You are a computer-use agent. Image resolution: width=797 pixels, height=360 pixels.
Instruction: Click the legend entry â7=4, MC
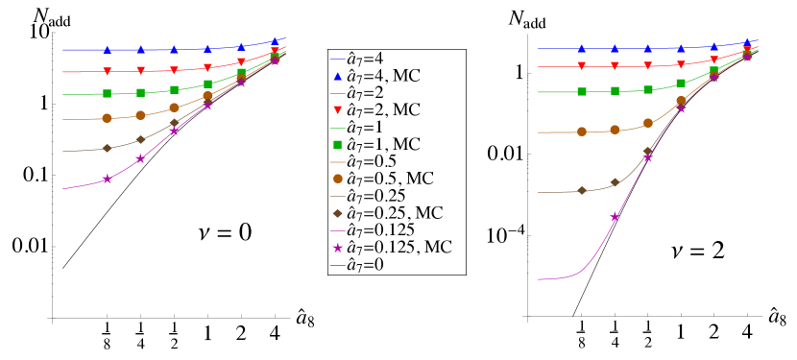[x=383, y=75]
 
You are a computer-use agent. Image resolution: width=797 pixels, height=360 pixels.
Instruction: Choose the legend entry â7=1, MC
[x=383, y=144]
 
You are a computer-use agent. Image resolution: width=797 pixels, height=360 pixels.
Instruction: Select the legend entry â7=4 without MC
[x=365, y=58]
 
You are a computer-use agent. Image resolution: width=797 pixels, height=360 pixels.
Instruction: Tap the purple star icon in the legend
[x=338, y=248]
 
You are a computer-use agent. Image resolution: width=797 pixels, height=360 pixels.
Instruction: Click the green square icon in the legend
[x=338, y=144]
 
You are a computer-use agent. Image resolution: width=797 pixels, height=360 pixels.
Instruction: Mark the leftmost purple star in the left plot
[x=107, y=179]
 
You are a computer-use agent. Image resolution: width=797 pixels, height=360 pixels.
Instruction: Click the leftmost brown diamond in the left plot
[x=107, y=148]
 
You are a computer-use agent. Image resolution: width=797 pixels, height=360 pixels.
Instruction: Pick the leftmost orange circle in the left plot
[x=107, y=118]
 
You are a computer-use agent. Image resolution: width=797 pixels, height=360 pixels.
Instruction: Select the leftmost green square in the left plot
[x=107, y=93]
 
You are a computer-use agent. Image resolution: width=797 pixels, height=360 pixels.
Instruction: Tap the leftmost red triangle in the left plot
[x=107, y=72]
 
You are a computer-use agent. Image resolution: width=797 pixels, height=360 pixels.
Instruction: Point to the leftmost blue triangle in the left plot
[x=107, y=49]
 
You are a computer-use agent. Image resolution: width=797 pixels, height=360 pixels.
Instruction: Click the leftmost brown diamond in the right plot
[x=581, y=190]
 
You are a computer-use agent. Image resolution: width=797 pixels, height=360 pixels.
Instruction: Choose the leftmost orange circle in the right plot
[x=581, y=132]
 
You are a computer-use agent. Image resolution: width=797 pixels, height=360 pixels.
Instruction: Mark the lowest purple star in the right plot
[x=615, y=217]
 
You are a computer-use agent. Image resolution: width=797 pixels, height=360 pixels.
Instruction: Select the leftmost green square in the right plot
[x=581, y=91]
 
